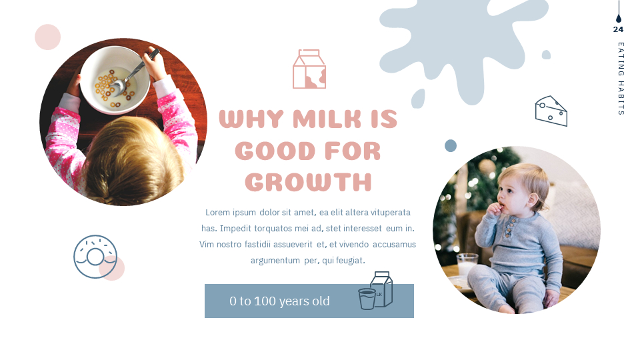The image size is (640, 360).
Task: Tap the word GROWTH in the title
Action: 308,182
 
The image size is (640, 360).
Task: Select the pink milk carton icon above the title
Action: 309,69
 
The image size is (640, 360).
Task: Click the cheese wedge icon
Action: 551,111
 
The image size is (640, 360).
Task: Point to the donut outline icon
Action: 95,257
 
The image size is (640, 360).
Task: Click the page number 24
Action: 618,29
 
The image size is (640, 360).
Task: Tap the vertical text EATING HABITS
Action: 621,79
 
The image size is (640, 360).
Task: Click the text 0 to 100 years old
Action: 279,301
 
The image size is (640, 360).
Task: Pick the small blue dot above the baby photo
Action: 451,145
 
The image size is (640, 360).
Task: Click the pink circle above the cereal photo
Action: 47,37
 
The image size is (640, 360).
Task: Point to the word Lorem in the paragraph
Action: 218,212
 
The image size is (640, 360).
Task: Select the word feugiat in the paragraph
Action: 349,260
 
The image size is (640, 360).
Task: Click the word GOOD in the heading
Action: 275,151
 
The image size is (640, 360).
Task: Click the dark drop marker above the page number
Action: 618,18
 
